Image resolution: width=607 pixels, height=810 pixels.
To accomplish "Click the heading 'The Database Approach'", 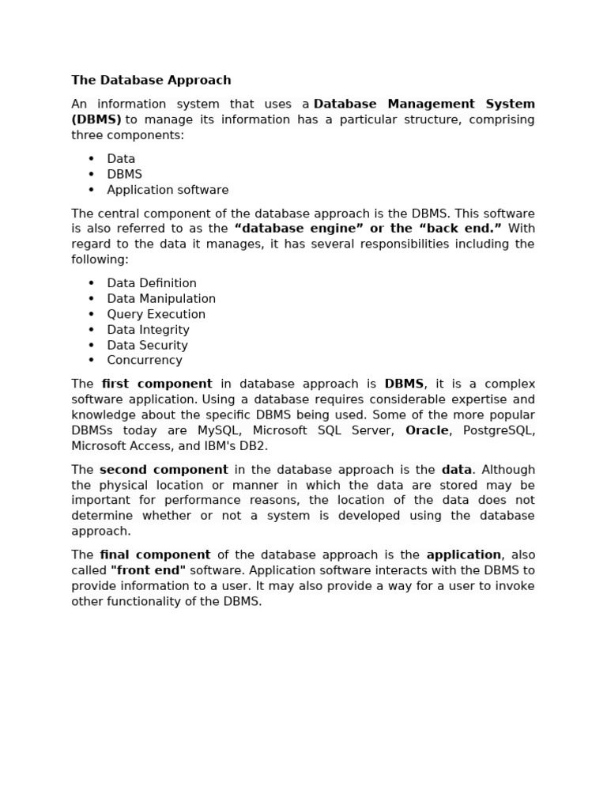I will pos(151,80).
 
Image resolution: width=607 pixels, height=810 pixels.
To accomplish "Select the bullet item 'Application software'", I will pos(168,190).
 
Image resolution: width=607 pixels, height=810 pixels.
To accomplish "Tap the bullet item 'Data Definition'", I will pos(152,283).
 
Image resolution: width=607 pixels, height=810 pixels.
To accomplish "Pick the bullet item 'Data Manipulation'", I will pos(161,298).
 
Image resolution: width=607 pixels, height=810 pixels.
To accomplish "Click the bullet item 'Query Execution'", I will pos(156,314).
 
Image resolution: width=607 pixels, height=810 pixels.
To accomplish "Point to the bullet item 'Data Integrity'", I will pos(148,330).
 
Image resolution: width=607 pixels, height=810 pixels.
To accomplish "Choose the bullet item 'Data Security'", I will pos(147,345).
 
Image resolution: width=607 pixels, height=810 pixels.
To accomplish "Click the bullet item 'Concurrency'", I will pos(145,360).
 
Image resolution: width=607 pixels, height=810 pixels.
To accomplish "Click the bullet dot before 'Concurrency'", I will pos(91,361).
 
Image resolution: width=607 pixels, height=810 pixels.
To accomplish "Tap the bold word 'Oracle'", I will pos(427,430).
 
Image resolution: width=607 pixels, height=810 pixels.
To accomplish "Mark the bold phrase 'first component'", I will pos(156,384).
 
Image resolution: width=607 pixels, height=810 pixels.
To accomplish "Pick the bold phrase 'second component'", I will pos(164,469).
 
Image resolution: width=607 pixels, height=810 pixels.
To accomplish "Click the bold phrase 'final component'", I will pos(155,555).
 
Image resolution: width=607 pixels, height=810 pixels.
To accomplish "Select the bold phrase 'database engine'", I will pos(300,229).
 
